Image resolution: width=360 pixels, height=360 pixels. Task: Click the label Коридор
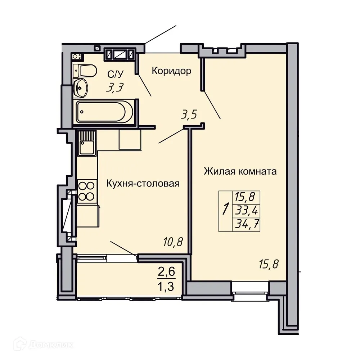tap(171, 71)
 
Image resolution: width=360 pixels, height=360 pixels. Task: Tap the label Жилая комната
tap(240, 171)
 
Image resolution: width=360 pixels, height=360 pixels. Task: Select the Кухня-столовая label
tap(143, 184)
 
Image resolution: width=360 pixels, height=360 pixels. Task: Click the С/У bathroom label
tap(115, 75)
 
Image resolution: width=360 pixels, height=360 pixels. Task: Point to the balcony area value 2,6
tap(166, 271)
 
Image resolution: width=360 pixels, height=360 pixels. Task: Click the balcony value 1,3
tap(166, 287)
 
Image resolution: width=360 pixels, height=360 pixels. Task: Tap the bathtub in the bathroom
tap(103, 112)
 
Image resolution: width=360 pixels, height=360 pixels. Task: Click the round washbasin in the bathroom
tap(80, 87)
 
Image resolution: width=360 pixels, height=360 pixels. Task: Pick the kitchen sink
tap(87, 143)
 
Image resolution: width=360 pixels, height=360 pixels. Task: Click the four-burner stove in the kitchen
tap(87, 191)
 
